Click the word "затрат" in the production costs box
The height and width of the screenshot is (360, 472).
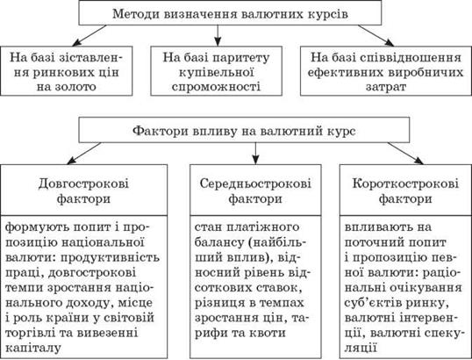pos(386,87)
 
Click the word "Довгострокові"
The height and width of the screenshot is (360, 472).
pos(83,184)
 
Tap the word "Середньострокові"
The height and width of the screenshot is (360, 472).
pos(255,184)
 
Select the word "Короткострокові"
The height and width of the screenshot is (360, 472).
pos(405,184)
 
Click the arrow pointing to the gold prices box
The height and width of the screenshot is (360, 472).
pos(89,35)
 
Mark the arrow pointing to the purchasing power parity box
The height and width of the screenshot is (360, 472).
pos(218,35)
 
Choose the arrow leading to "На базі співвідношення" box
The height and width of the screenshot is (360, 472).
pos(376,35)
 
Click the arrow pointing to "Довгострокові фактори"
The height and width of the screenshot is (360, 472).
pos(84,154)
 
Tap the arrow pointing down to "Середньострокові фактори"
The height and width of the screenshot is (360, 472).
pos(255,154)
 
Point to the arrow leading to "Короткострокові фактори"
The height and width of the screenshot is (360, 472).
pos(405,154)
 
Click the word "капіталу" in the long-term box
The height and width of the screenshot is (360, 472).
pos(33,349)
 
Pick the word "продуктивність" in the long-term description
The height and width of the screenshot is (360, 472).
pos(109,258)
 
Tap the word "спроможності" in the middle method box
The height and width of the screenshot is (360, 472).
pos(216,87)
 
